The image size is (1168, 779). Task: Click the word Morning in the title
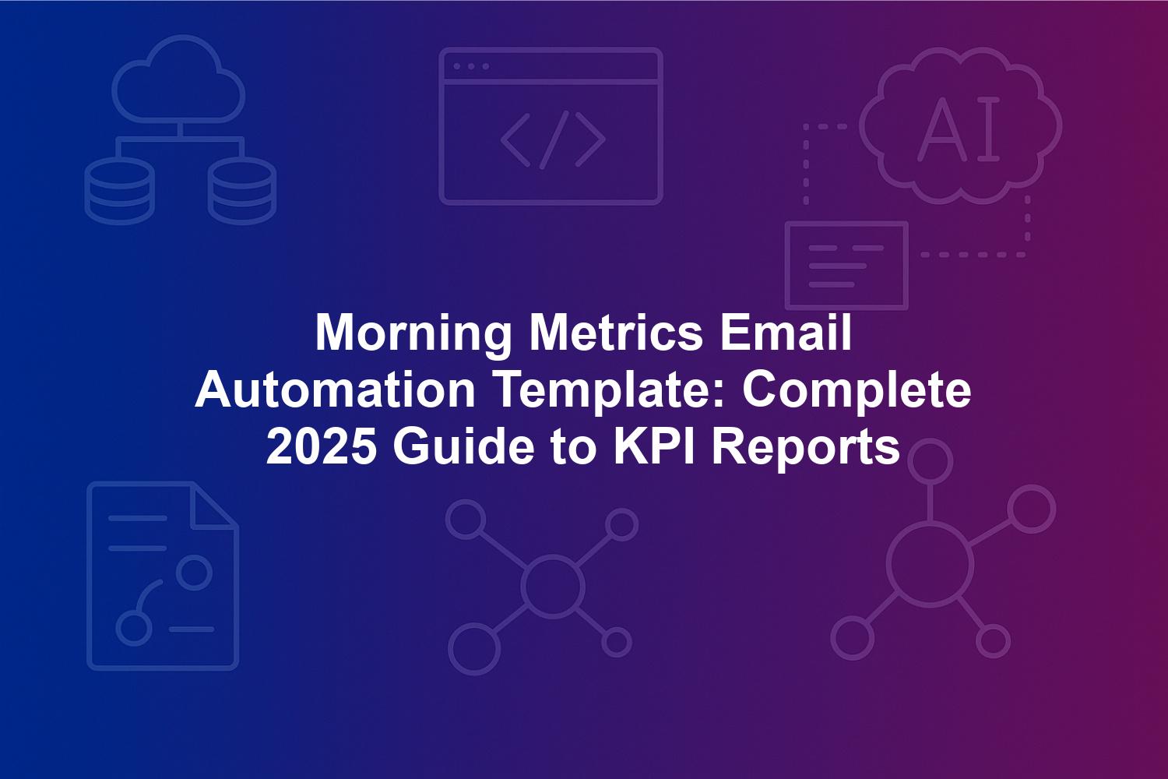click(413, 335)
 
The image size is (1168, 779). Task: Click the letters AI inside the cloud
click(959, 129)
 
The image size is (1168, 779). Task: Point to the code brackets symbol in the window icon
click(553, 140)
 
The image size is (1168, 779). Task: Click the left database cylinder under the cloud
click(119, 191)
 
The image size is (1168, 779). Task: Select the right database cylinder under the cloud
click(242, 191)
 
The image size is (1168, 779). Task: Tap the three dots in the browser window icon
click(471, 66)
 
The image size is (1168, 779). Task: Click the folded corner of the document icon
click(214, 506)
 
